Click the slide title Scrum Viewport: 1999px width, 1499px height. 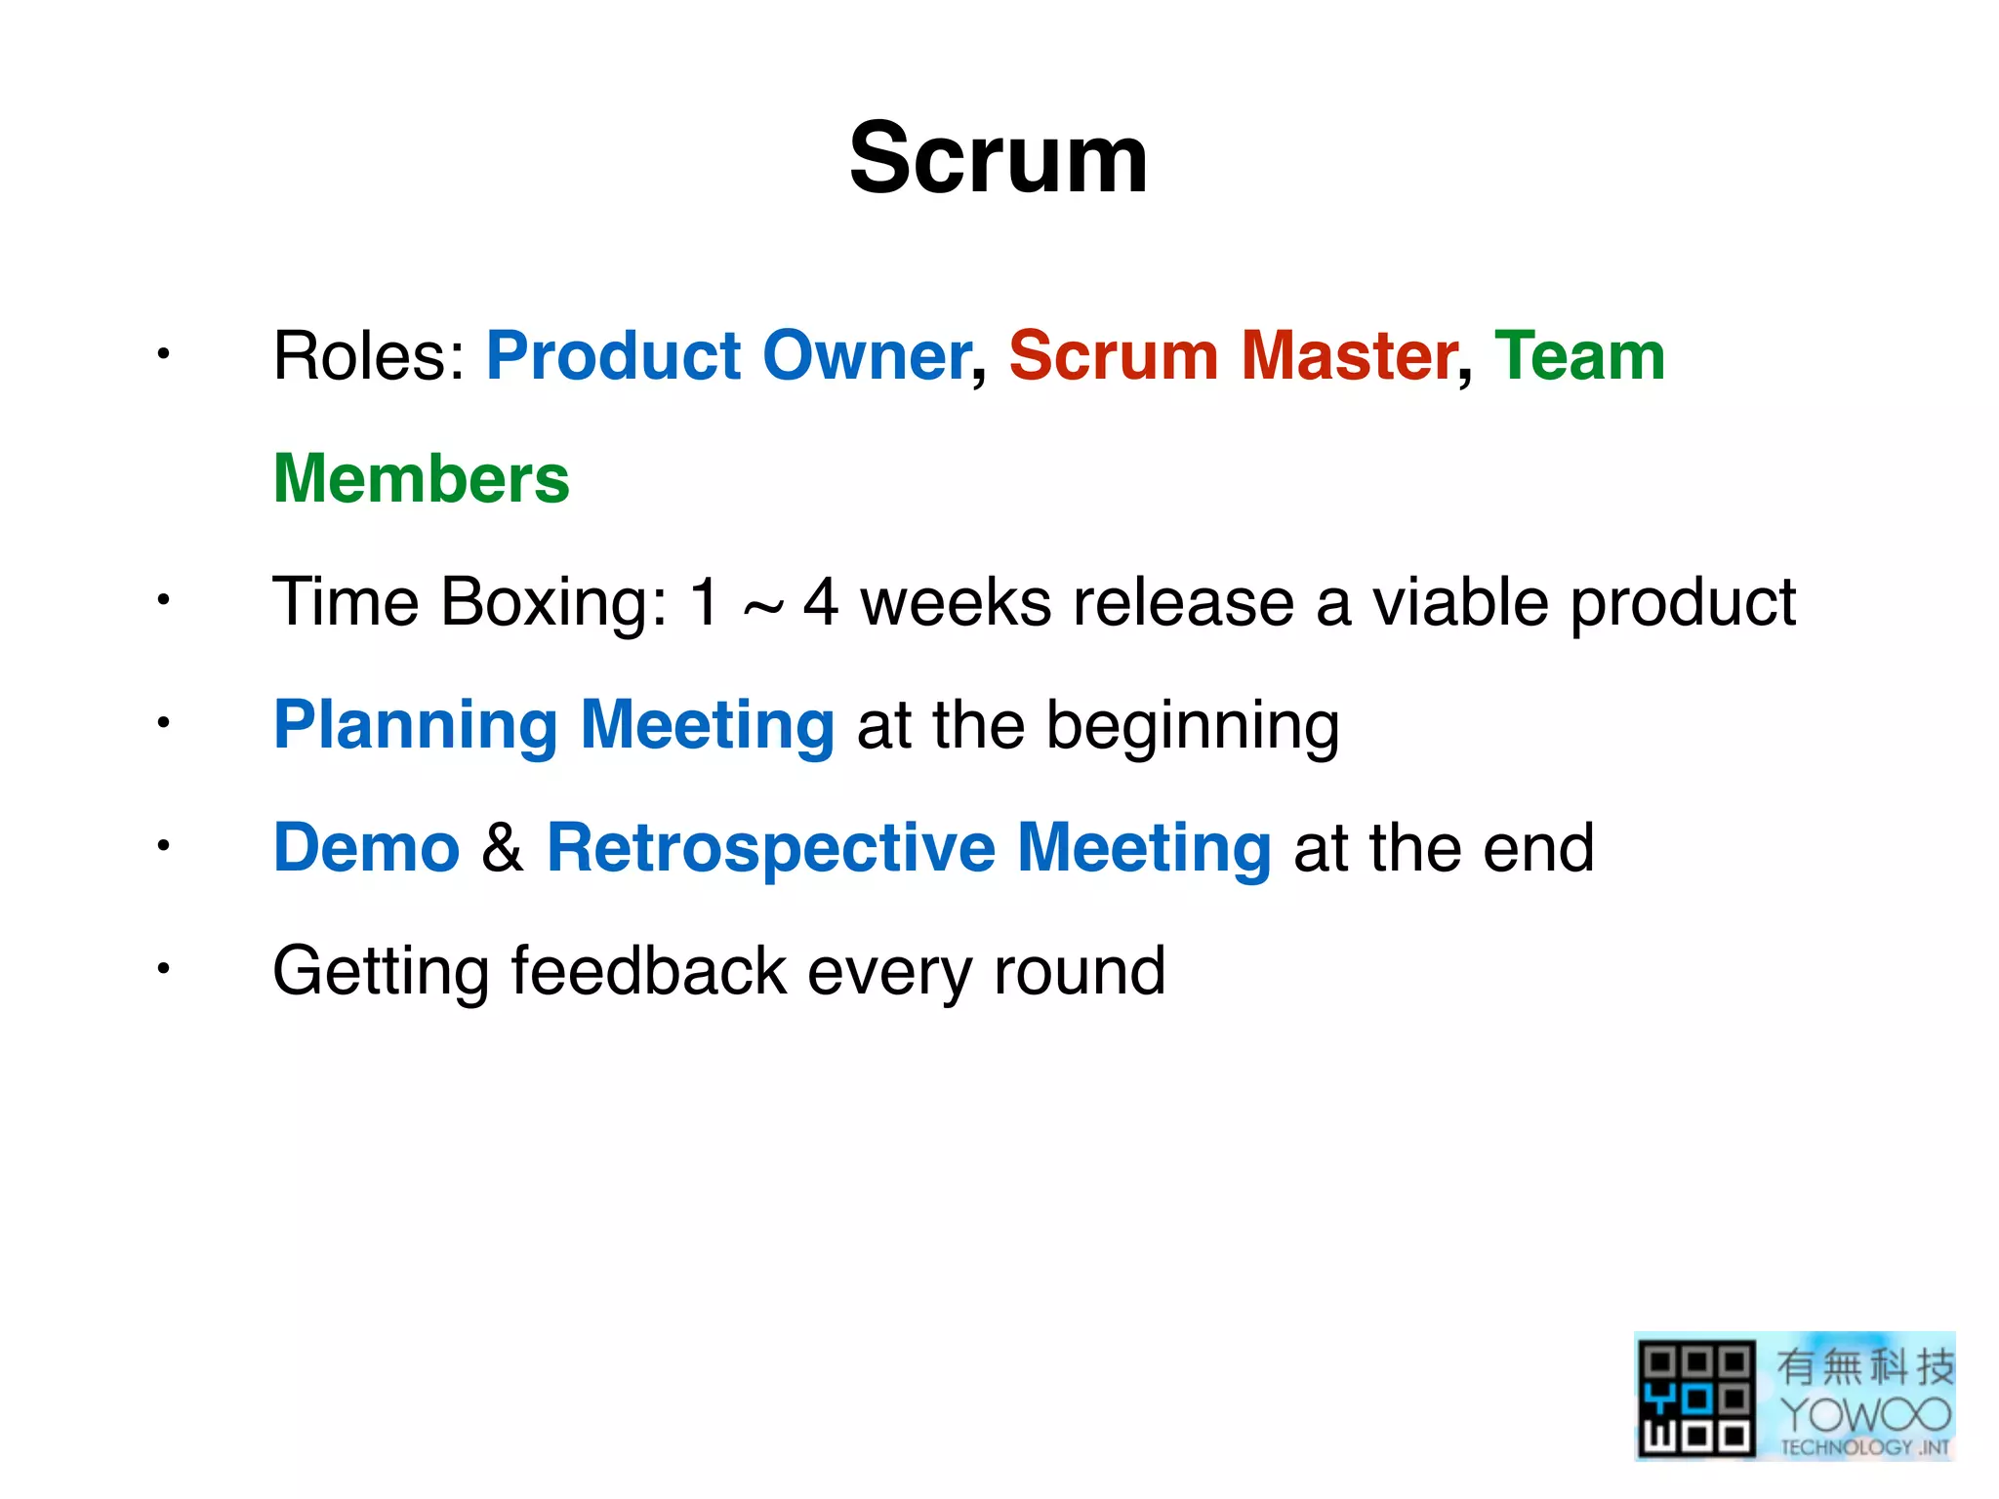(x=999, y=159)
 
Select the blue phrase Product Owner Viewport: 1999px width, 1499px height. (x=728, y=355)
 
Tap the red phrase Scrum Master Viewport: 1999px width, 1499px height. (x=1233, y=355)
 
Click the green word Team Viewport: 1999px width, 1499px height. (x=1579, y=355)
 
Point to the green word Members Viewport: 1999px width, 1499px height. (x=421, y=479)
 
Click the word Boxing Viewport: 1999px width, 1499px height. (x=553, y=602)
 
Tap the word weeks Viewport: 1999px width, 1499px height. (x=955, y=602)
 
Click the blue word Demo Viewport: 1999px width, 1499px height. (x=366, y=847)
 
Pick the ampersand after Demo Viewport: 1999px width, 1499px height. (x=502, y=847)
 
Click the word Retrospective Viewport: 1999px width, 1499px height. (x=771, y=849)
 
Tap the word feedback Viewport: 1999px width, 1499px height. (x=648, y=971)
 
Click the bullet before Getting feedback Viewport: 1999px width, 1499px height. (x=164, y=969)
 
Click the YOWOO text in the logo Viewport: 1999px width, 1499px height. (x=1864, y=1413)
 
